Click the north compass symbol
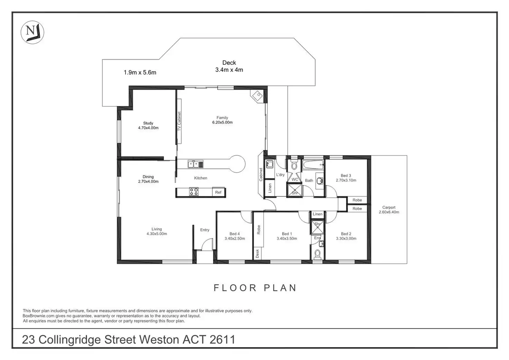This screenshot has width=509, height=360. [33, 33]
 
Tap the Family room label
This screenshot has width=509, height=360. [222, 118]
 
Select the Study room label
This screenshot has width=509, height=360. [148, 123]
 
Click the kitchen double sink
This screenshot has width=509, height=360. [196, 164]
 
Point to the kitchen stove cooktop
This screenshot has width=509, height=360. [194, 192]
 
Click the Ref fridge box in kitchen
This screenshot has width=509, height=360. [218, 192]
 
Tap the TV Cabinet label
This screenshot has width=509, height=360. [179, 121]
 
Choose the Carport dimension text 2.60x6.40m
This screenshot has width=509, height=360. [389, 212]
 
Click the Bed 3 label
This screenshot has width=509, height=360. [346, 176]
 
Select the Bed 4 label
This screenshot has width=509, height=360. [234, 234]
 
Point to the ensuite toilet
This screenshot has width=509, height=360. [317, 255]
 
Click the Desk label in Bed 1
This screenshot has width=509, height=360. [257, 254]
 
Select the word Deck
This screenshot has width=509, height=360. [229, 63]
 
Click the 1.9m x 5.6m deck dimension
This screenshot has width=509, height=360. [140, 73]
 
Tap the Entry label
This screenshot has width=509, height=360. [205, 230]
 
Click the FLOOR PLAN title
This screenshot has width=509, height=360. [255, 288]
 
